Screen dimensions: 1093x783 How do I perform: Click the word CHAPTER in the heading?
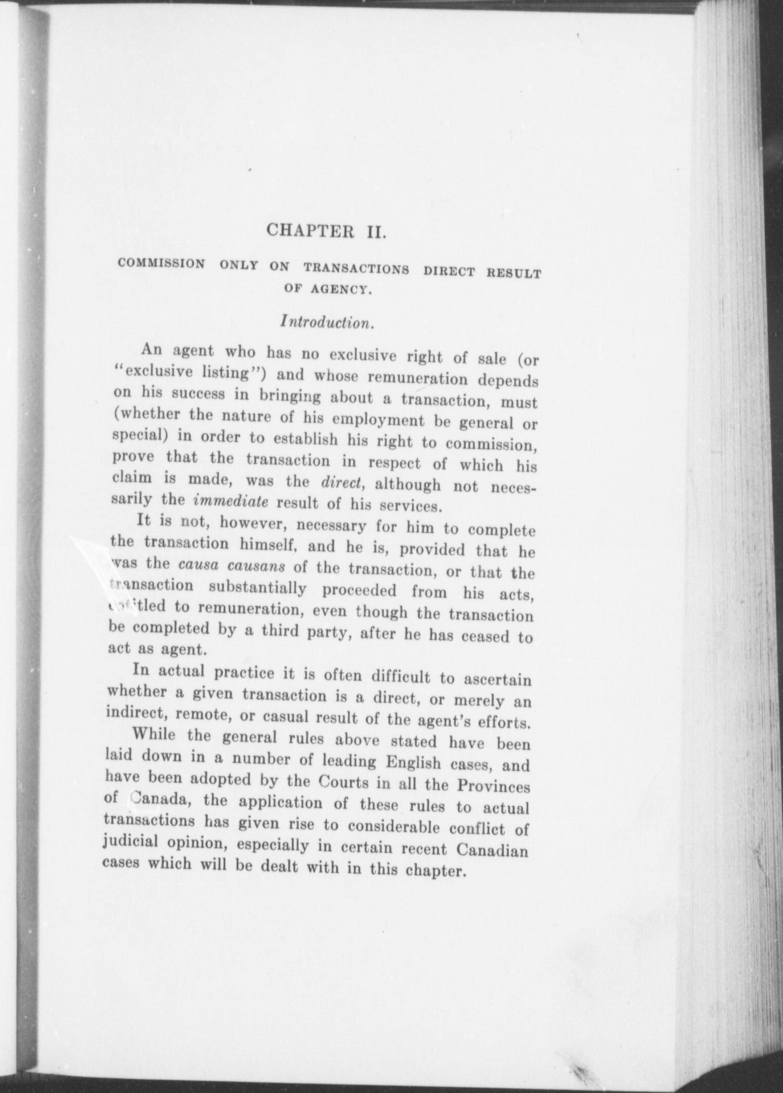pyautogui.click(x=309, y=229)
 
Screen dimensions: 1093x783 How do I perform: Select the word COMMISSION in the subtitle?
pyautogui.click(x=161, y=263)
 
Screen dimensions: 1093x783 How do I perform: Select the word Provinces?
pyautogui.click(x=493, y=787)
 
